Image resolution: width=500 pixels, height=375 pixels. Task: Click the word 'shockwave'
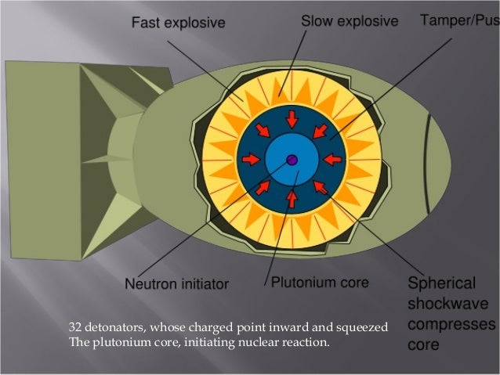click(x=447, y=304)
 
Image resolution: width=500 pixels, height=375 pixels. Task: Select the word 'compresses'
click(x=451, y=324)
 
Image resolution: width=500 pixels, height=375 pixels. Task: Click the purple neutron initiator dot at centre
click(x=292, y=160)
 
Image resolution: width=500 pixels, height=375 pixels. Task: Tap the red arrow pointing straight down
click(x=292, y=118)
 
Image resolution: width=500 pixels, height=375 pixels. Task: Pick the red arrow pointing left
click(x=332, y=160)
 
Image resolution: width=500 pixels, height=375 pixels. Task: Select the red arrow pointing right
click(x=251, y=160)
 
